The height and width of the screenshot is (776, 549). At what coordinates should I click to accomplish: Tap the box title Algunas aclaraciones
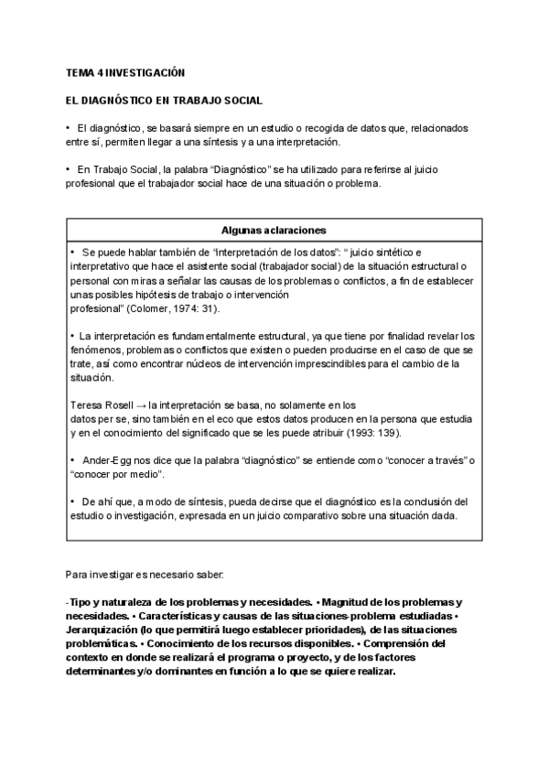pyautogui.click(x=274, y=230)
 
